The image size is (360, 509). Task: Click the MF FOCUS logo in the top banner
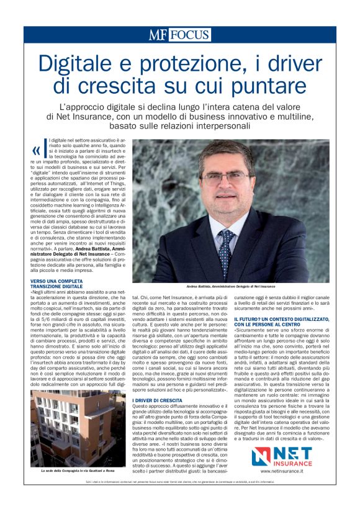click(179, 34)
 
